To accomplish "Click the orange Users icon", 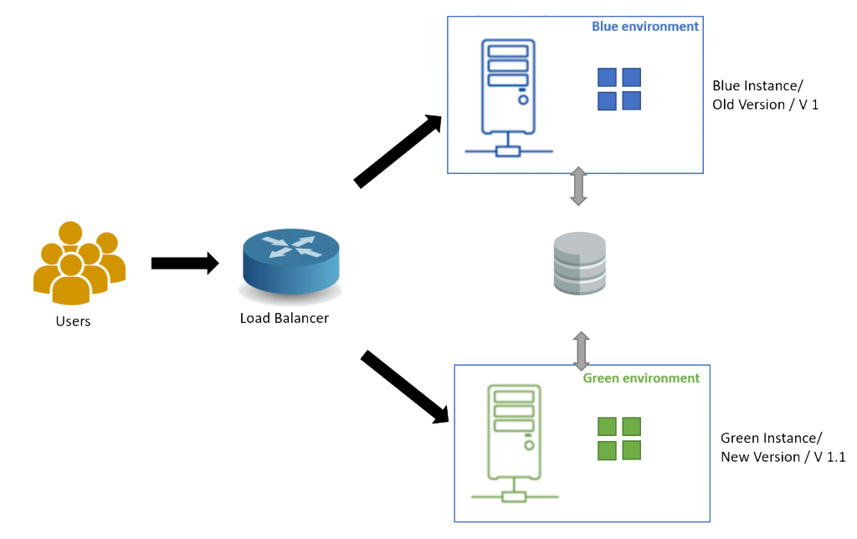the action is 80,263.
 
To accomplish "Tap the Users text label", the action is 74,321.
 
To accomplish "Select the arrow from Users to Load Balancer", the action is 185,264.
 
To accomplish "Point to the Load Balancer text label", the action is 285,318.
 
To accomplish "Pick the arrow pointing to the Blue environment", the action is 398,151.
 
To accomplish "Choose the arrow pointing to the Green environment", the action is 404,387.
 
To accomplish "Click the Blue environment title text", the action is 645,26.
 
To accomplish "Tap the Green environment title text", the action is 641,378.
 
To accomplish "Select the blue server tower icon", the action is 508,98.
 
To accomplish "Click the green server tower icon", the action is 515,444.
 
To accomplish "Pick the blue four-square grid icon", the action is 619,89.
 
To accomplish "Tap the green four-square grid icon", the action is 619,439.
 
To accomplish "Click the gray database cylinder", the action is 580,264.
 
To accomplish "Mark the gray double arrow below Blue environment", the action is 578,187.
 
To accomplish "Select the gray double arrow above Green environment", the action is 581,351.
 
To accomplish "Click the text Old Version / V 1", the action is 765,105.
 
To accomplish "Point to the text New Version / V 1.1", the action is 783,457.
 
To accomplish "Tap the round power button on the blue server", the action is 523,100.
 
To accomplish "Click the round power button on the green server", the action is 529,445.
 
